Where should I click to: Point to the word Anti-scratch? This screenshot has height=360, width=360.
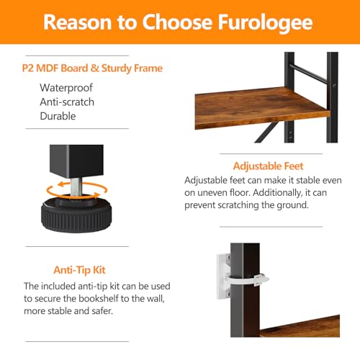point(67,102)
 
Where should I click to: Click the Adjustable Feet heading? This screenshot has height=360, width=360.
point(258,166)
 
